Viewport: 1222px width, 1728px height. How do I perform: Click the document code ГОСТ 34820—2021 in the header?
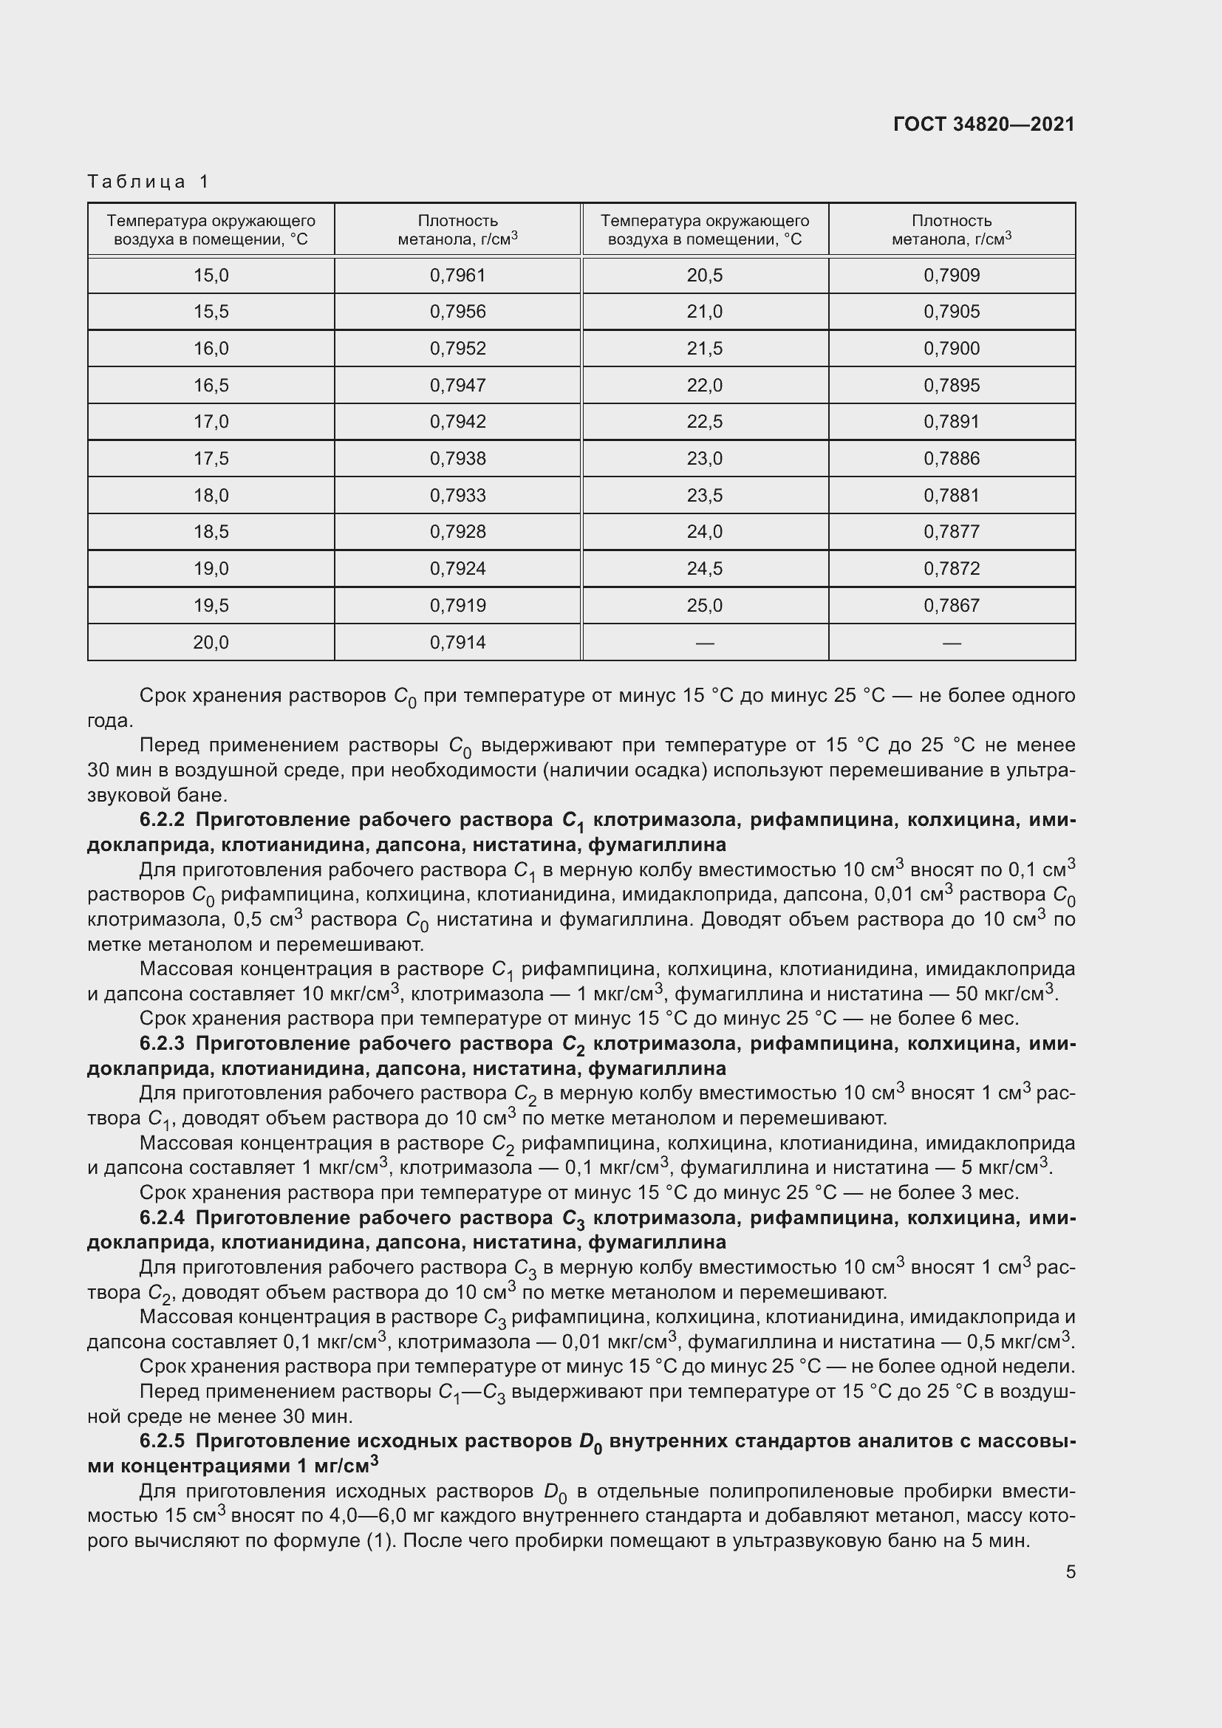[983, 125]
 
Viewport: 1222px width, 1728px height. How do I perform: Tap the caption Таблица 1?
[149, 182]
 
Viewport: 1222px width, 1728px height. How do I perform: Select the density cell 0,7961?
[457, 276]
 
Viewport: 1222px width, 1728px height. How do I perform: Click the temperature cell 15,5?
[211, 312]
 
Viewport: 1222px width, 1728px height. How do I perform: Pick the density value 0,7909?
[951, 276]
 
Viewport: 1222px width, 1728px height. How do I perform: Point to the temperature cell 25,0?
[704, 606]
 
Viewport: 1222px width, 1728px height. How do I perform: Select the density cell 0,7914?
[457, 643]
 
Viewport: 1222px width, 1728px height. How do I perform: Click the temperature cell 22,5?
[704, 421]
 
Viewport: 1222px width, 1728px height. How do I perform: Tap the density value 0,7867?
[951, 606]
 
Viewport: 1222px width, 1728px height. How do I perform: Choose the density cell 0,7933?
[457, 495]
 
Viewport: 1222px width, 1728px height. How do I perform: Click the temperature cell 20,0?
[211, 643]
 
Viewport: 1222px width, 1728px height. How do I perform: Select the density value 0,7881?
[951, 495]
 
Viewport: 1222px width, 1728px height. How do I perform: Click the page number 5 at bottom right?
[1070, 1572]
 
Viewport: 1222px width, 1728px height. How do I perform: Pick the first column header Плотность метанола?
[457, 230]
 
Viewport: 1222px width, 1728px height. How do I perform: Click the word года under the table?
[109, 720]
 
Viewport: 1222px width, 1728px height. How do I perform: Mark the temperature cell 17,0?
[211, 421]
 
